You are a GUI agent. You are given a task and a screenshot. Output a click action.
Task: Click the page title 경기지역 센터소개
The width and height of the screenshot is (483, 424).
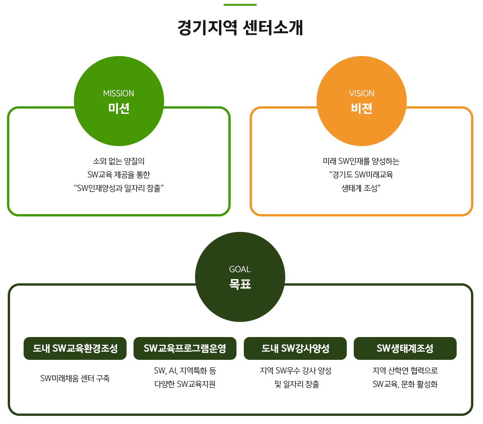click(x=240, y=28)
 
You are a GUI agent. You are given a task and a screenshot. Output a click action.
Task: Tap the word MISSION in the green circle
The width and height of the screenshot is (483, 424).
click(x=118, y=94)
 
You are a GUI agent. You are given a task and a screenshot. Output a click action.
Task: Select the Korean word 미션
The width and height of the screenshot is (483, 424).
click(x=118, y=108)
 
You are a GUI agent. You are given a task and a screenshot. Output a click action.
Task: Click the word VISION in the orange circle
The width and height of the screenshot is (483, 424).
click(x=361, y=94)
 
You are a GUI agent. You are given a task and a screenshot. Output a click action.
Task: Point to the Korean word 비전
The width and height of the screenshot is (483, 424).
click(x=361, y=108)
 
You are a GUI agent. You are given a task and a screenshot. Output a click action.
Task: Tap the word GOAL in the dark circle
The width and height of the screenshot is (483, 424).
click(x=240, y=269)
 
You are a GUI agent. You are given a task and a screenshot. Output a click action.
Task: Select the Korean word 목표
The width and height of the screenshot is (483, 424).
click(x=240, y=284)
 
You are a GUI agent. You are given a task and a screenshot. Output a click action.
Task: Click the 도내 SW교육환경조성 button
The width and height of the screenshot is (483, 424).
click(x=75, y=348)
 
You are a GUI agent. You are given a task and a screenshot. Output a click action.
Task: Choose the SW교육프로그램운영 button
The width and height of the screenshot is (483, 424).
click(x=185, y=348)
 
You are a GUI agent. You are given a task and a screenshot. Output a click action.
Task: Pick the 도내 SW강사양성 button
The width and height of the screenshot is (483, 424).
click(x=295, y=348)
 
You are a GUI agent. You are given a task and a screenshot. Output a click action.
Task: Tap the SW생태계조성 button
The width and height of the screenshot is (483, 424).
click(x=405, y=348)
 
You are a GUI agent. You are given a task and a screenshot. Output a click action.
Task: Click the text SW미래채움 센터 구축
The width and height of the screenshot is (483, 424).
click(x=75, y=378)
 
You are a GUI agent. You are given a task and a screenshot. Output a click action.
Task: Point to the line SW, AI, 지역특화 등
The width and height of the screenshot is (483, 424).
click(x=185, y=371)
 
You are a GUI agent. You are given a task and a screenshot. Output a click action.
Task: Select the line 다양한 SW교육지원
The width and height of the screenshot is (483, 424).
click(x=185, y=384)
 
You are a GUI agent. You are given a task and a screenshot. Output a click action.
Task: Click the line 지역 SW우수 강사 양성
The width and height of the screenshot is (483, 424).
click(x=296, y=371)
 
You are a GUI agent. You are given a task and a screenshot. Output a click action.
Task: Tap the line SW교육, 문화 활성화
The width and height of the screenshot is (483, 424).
click(x=405, y=384)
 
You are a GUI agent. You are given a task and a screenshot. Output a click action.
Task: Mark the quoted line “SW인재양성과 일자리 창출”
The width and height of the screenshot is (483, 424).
click(x=119, y=188)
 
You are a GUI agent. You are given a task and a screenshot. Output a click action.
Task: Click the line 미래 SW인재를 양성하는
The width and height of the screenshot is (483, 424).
click(x=361, y=161)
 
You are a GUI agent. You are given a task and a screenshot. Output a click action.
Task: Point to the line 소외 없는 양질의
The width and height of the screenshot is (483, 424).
click(x=119, y=161)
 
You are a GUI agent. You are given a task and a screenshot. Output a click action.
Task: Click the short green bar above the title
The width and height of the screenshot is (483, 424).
click(x=240, y=5)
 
